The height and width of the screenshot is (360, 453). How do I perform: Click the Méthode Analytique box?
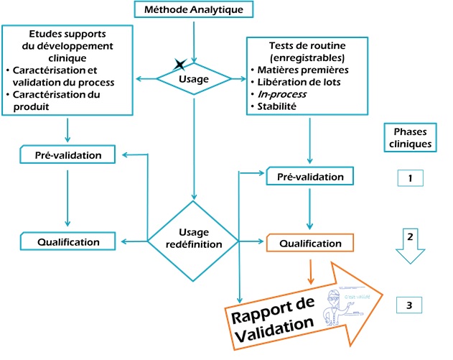pos(193,9)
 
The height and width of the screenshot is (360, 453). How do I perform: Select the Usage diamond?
pos(193,78)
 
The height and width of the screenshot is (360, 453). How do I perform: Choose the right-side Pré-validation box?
pos(310,177)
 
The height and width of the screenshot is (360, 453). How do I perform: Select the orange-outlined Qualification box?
pos(310,244)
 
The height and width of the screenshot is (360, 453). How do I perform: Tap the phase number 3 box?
pos(408,305)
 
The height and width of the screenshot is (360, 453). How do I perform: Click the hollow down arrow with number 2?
pos(408,249)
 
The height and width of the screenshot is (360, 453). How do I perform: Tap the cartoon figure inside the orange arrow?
pos(335,305)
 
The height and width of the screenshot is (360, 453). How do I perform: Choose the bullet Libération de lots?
pos(298,82)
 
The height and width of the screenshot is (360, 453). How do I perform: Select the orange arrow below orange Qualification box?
pos(310,272)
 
